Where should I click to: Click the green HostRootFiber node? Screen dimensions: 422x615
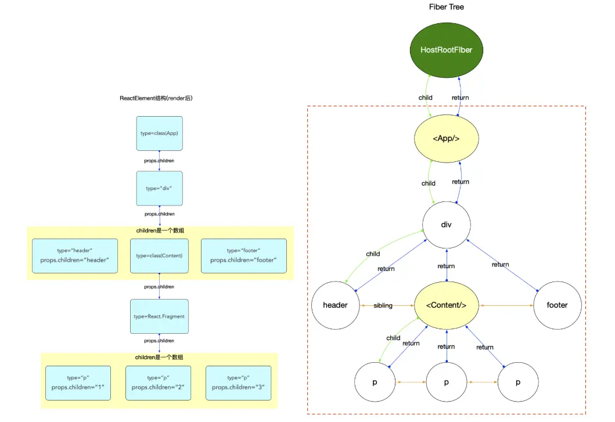tap(446, 50)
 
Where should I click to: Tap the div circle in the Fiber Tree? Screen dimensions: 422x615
tap(446, 225)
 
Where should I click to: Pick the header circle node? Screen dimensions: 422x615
tap(335, 305)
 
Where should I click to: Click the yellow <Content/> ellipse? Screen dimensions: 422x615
tap(446, 305)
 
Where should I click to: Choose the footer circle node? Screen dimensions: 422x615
tap(557, 305)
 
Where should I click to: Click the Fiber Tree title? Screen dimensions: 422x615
tap(446, 7)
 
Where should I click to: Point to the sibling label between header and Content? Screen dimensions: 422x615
tap(383, 305)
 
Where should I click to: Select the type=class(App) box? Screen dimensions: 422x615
tap(159, 133)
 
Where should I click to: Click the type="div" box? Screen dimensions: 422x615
tap(159, 188)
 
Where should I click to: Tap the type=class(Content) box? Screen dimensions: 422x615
tap(159, 255)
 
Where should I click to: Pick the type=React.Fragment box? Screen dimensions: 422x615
tap(159, 316)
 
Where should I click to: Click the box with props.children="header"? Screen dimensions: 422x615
tap(75, 255)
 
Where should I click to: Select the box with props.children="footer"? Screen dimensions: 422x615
tap(243, 255)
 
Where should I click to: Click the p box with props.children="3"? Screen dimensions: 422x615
tap(238, 383)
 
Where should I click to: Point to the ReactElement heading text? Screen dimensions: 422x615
tap(156, 98)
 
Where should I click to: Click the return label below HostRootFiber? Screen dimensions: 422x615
tap(461, 98)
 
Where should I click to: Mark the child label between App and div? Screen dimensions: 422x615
tap(429, 183)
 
